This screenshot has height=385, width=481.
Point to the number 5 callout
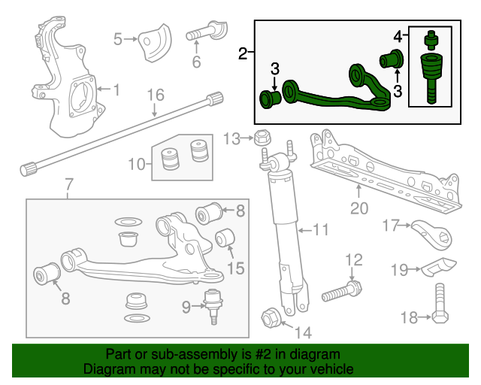coord(118,38)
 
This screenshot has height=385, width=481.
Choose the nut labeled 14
coord(271,317)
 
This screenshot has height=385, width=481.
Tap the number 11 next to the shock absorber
coord(321,229)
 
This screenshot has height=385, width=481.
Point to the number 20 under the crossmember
coord(358,208)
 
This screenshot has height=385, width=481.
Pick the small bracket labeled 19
coord(436,266)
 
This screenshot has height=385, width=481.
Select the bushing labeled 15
coord(226,239)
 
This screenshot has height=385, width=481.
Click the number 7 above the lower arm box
coord(68,184)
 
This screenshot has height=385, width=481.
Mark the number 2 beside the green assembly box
coord(242,53)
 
